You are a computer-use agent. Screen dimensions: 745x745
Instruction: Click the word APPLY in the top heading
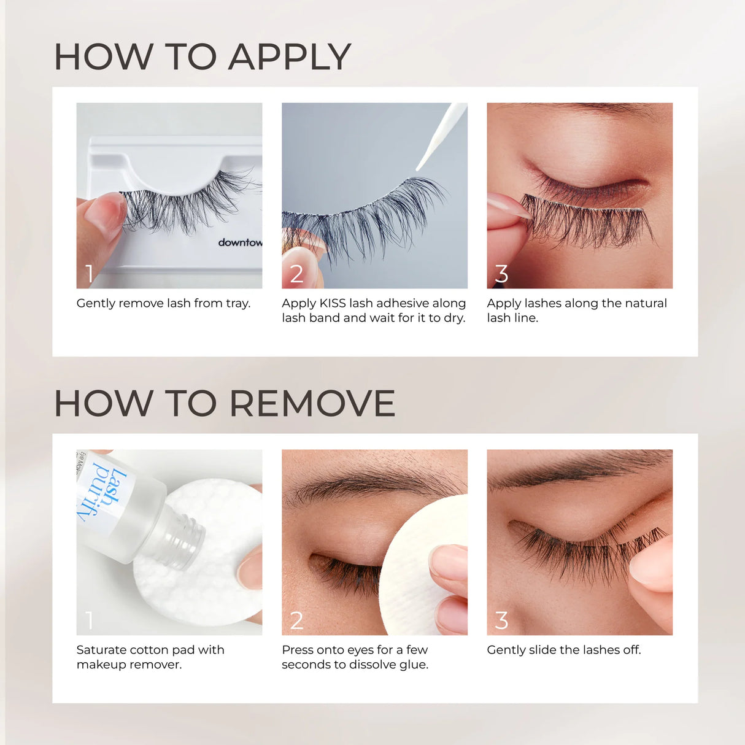pos(290,57)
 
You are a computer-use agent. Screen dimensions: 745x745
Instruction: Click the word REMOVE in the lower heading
pos(312,404)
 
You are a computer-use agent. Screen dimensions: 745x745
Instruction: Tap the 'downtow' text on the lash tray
pos(240,242)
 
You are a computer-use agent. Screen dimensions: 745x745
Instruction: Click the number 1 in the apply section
pos(90,274)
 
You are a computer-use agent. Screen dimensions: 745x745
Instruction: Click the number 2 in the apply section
pos(296,274)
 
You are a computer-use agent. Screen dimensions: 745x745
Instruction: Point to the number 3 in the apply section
pos(501,274)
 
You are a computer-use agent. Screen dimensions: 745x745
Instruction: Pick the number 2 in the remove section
pos(296,620)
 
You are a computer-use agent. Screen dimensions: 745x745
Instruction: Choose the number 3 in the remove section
pos(501,620)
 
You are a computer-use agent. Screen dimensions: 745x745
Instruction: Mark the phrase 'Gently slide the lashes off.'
pos(563,650)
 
